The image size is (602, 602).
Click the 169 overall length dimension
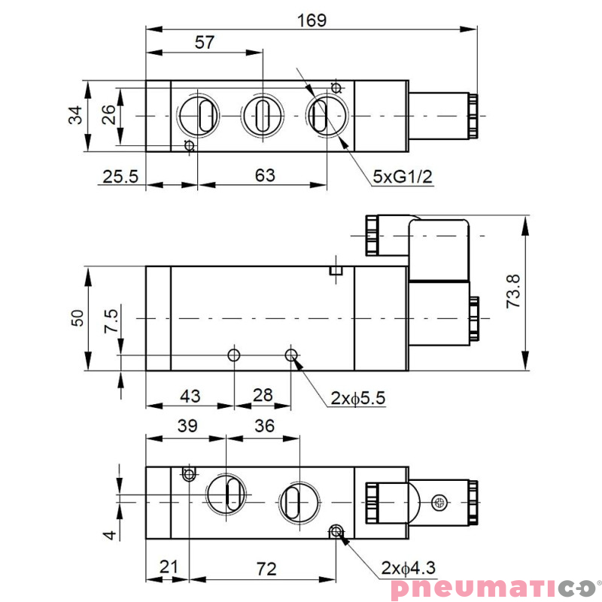coord(311,20)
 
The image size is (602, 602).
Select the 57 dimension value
coord(204,42)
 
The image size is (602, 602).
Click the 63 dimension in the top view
coord(265,175)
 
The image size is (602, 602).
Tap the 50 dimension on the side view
coord(77,318)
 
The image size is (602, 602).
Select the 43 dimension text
coord(189,395)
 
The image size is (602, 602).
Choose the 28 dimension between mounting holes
coord(263,395)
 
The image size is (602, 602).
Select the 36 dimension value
coord(264,426)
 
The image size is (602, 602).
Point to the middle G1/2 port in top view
coord(261,116)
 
